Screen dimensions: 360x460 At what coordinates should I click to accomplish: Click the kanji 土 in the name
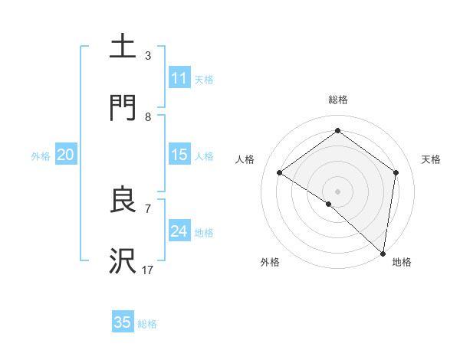123,46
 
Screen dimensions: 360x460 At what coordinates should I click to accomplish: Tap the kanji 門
123,108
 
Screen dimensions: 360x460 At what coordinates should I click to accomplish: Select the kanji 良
123,201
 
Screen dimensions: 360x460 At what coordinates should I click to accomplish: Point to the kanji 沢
123,262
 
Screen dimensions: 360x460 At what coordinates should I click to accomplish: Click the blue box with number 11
179,78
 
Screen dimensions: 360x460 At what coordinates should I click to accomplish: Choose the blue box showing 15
179,155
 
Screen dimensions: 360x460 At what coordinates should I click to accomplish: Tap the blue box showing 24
179,231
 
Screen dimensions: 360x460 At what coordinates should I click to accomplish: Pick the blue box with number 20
66,155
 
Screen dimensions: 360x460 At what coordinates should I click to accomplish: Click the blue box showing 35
123,322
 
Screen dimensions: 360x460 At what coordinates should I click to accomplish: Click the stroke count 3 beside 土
148,56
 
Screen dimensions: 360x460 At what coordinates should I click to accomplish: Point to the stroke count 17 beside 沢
148,270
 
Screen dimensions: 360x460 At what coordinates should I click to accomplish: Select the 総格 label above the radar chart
337,100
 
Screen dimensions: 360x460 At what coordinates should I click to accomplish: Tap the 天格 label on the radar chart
432,159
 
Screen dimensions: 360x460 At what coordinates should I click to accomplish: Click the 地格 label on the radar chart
402,262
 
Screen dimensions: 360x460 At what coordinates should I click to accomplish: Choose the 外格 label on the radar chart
270,262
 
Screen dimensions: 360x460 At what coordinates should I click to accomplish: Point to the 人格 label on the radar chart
245,159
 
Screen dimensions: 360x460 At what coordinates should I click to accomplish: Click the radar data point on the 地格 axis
383,253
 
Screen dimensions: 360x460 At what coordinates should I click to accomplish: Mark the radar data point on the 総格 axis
337,130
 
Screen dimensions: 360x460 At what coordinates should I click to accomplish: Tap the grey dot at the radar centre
337,191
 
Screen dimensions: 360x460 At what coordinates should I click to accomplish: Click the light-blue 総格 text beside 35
147,323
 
